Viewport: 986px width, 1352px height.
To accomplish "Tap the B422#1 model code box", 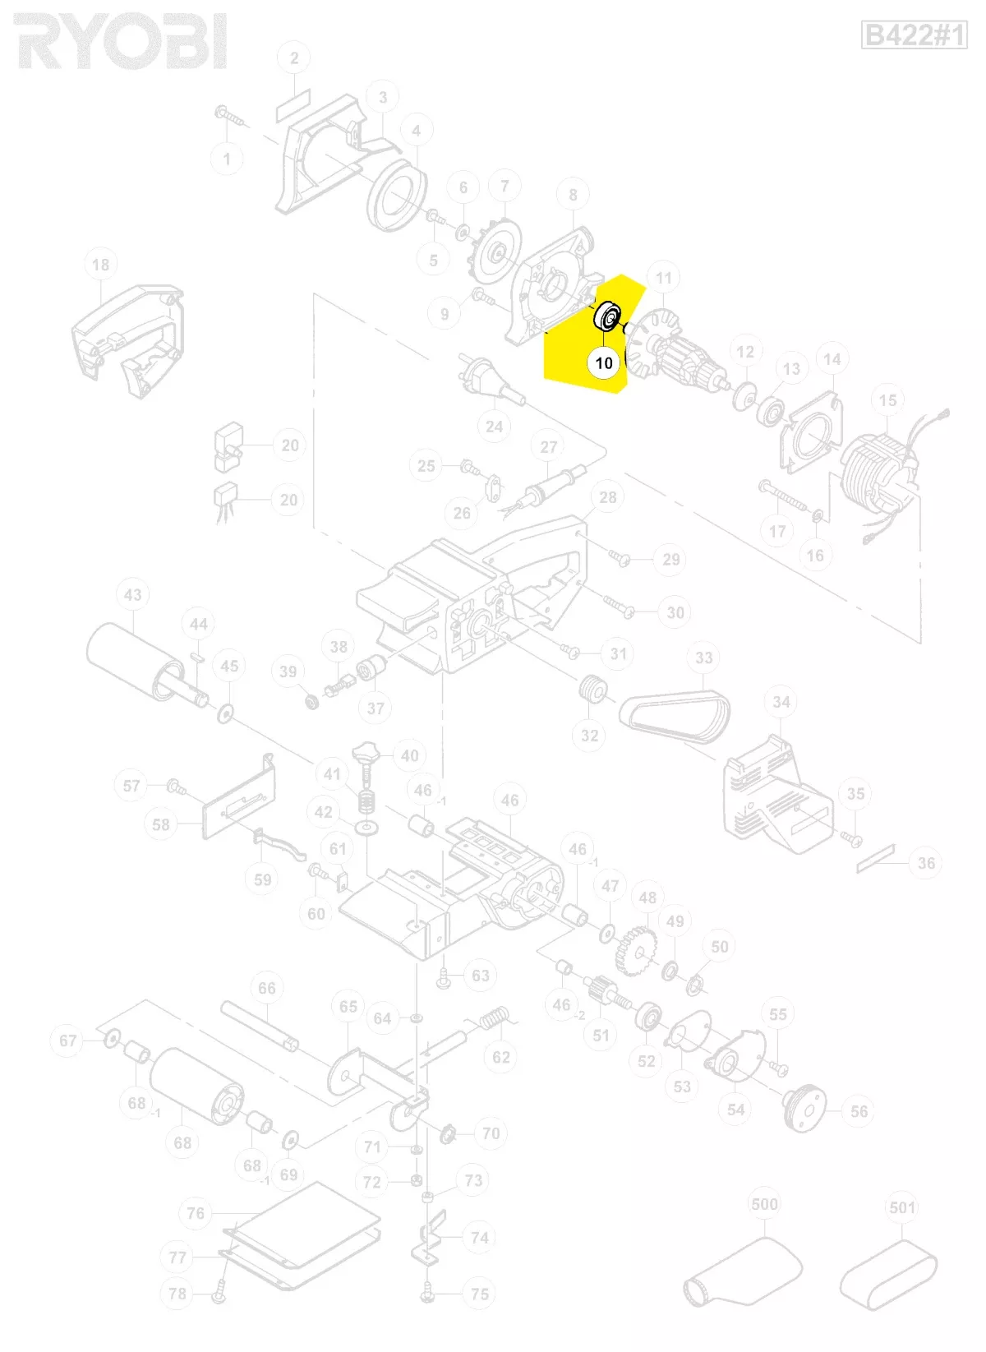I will pyautogui.click(x=914, y=35).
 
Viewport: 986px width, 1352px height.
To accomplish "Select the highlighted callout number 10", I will pyautogui.click(x=604, y=362).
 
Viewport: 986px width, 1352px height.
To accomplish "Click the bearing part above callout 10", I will pyautogui.click(x=609, y=316).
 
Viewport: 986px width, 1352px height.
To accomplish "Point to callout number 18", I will pyautogui.click(x=100, y=265).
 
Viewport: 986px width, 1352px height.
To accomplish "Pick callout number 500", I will pyautogui.click(x=764, y=1204).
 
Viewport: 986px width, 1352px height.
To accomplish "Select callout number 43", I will pyautogui.click(x=133, y=594).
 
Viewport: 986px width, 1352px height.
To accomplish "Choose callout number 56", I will pyautogui.click(x=859, y=1111).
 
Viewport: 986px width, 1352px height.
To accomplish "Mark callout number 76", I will pyautogui.click(x=196, y=1213).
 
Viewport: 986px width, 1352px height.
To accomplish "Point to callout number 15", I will pyautogui.click(x=887, y=400).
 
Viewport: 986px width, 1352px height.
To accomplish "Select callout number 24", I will pyautogui.click(x=494, y=426).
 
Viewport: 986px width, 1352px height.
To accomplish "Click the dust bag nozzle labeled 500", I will pyautogui.click(x=744, y=1270).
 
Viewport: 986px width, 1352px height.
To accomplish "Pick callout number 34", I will pyautogui.click(x=781, y=702).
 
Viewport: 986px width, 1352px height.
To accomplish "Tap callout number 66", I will pyautogui.click(x=267, y=988).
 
